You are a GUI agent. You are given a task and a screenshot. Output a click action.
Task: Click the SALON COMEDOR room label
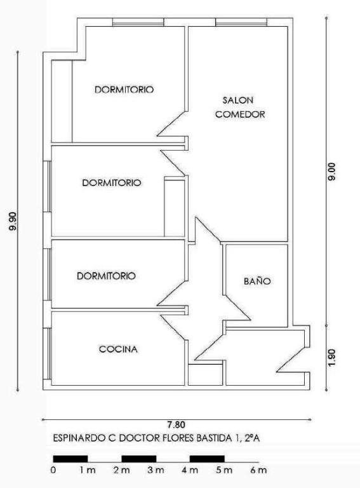(x=240, y=107)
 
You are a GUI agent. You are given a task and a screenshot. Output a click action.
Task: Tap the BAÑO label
(x=257, y=281)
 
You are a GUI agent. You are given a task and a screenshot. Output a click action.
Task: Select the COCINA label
(x=118, y=349)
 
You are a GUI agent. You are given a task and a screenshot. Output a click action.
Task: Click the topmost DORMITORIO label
(x=124, y=90)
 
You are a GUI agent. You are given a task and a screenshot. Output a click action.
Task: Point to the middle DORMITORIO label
(x=112, y=183)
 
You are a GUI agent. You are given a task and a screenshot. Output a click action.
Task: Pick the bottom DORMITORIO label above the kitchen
(x=106, y=276)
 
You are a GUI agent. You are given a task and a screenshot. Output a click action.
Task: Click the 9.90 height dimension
(x=13, y=221)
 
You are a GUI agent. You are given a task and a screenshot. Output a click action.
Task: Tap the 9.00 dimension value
(x=332, y=172)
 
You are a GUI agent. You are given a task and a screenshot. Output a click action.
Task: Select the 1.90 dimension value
(x=332, y=358)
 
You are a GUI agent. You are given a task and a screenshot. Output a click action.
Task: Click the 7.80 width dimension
(x=176, y=424)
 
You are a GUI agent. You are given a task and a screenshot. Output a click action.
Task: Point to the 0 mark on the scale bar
(x=53, y=470)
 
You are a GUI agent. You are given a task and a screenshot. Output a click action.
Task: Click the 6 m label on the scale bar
(x=258, y=470)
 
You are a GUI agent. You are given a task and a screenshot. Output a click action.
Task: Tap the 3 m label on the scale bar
(x=156, y=470)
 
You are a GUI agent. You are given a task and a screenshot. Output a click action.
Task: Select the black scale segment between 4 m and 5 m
(x=207, y=459)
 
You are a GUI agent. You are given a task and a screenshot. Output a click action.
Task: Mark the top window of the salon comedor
(x=241, y=22)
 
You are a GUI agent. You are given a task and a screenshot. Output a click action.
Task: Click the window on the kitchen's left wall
(x=47, y=353)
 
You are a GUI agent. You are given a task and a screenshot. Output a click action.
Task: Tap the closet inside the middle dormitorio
(x=175, y=207)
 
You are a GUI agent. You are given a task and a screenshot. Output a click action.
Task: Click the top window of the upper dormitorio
(x=138, y=22)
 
